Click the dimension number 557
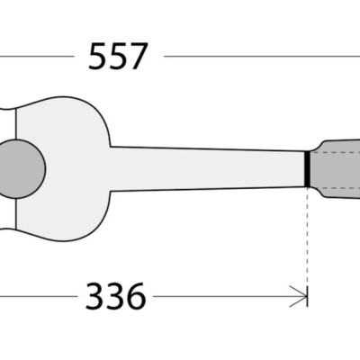tap(118, 56)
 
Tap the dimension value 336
tap(116, 296)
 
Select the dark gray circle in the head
tap(21, 169)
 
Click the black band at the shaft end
tap(307, 169)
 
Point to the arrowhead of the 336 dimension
tap(299, 296)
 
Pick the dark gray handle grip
tap(336, 169)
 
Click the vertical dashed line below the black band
tap(307, 236)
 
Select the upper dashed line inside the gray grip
tap(335, 153)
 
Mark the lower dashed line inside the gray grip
tap(335, 188)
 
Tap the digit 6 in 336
tap(136, 296)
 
